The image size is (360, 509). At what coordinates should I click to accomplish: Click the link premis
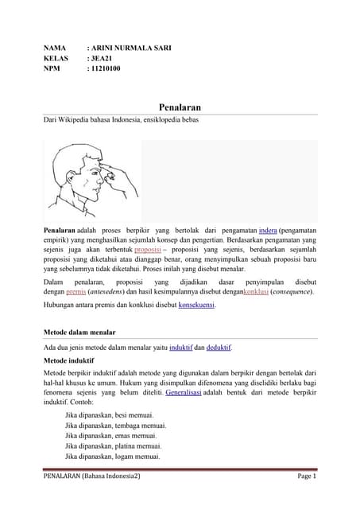tap(75, 293)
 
